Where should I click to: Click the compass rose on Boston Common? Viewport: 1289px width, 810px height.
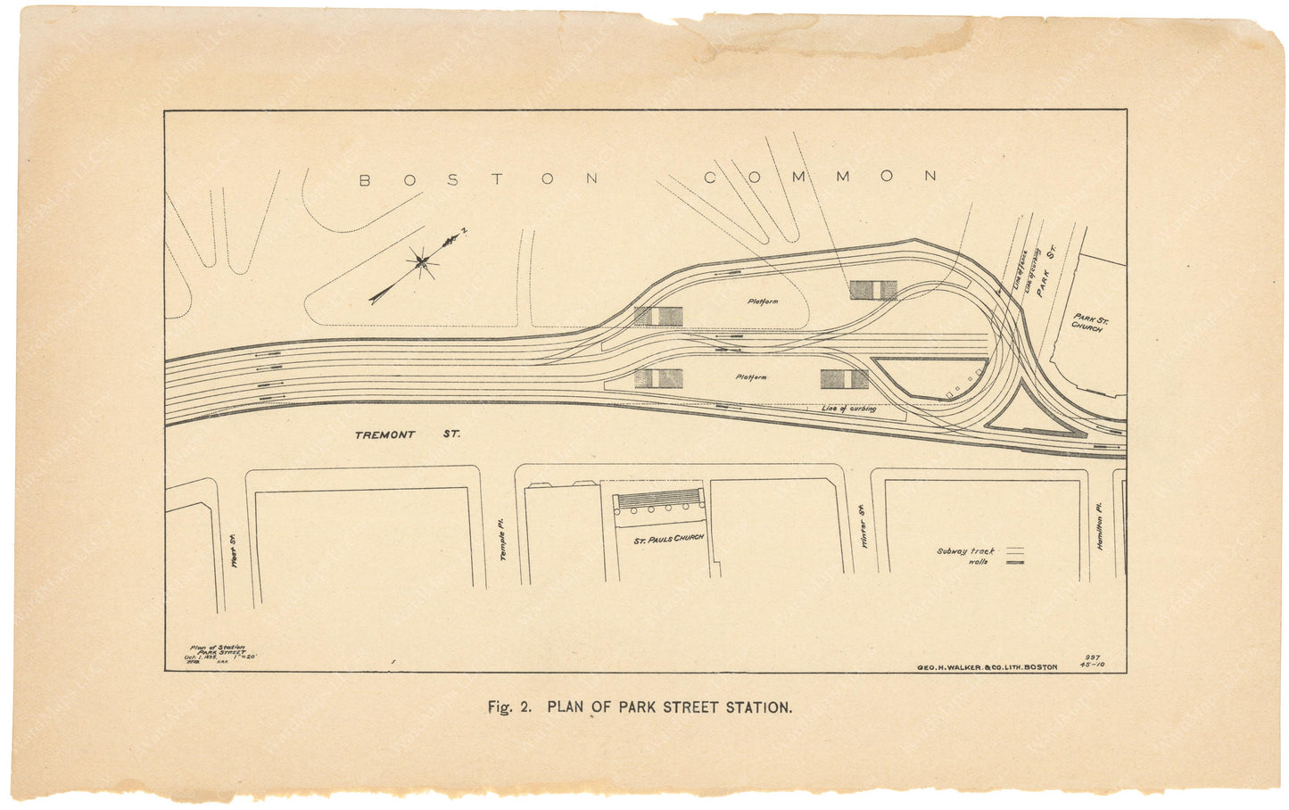click(420, 261)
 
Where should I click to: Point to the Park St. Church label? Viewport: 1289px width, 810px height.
click(1087, 322)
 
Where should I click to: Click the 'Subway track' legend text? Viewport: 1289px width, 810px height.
click(965, 551)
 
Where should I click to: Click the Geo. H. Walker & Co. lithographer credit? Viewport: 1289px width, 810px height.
click(987, 667)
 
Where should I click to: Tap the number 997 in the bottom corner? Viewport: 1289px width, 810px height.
click(1093, 657)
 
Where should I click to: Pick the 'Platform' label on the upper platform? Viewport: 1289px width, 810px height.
click(763, 302)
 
